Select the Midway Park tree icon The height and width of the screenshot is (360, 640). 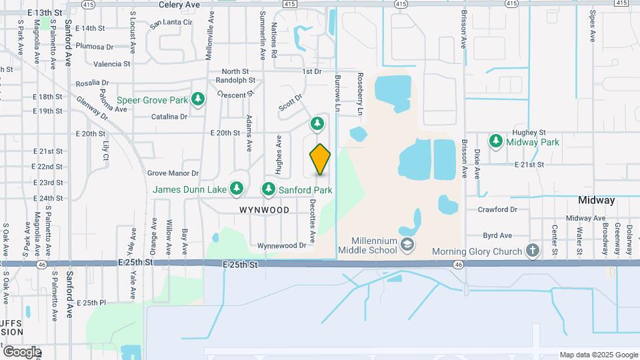(495, 141)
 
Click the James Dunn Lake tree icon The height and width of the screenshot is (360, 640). (236, 189)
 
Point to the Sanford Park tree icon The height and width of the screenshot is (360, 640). (269, 189)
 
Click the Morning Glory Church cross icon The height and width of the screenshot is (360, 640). (532, 251)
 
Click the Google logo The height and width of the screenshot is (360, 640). (21, 351)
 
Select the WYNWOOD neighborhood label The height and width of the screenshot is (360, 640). (265, 210)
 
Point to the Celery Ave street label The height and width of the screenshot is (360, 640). (179, 4)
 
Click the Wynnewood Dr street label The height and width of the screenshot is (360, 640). (285, 245)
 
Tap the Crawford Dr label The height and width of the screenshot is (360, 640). (497, 209)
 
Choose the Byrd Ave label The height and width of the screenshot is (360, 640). (497, 235)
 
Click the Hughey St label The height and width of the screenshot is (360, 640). (529, 133)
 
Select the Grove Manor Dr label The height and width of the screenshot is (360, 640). (173, 173)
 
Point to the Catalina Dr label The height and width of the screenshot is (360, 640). (169, 117)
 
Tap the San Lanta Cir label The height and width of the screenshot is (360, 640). (172, 23)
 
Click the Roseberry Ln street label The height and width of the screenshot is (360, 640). (360, 94)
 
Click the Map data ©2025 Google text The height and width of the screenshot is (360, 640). (599, 355)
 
